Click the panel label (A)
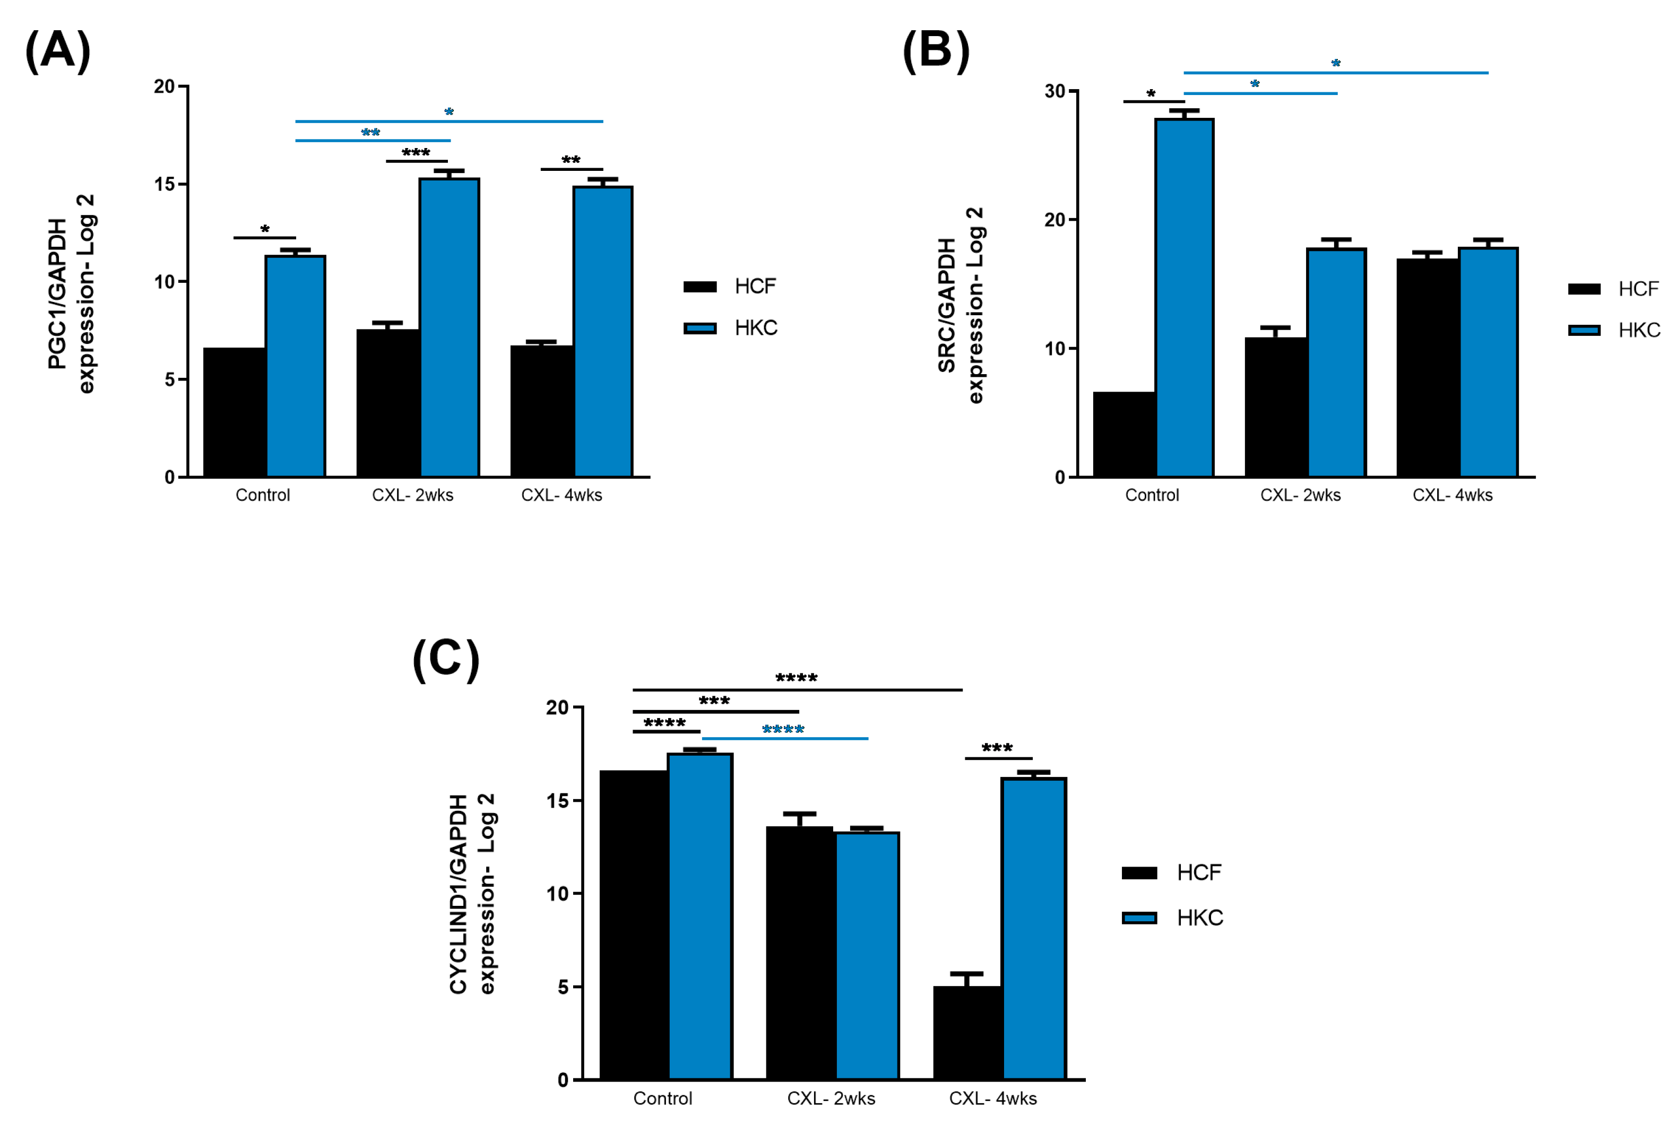pyautogui.click(x=58, y=51)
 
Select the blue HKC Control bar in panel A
pyautogui.click(x=296, y=366)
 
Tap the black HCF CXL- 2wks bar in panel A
pyautogui.click(x=388, y=402)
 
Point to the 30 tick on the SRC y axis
pyautogui.click(x=1055, y=91)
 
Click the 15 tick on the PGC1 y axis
pyautogui.click(x=165, y=184)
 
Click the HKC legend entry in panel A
pyautogui.click(x=731, y=328)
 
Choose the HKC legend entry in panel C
pyautogui.click(x=1173, y=918)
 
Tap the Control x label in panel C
pyautogui.click(x=662, y=1098)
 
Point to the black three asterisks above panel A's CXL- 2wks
pyautogui.click(x=416, y=153)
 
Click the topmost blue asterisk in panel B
pyautogui.click(x=1335, y=64)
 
